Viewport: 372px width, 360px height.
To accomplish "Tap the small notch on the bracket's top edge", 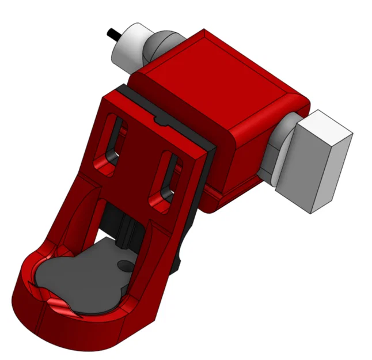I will click(x=158, y=122).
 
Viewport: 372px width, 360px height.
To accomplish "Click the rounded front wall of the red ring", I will click(x=63, y=328).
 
